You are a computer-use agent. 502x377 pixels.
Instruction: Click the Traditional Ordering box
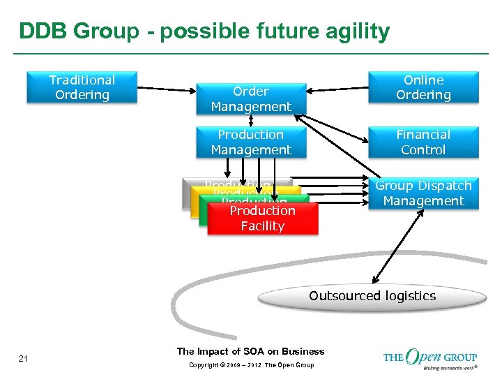(82, 87)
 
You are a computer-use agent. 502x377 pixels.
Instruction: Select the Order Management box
(251, 99)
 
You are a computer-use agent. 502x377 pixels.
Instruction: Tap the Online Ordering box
(423, 87)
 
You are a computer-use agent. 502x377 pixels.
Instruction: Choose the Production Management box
(251, 142)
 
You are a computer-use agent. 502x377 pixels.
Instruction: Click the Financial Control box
(423, 142)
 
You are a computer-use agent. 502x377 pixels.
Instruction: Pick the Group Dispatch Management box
(423, 193)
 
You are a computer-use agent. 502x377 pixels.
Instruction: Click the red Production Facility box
(263, 219)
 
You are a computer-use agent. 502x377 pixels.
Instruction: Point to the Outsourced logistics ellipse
(372, 296)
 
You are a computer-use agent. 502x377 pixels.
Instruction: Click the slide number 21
(23, 359)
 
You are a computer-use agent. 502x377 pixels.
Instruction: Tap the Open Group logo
(429, 357)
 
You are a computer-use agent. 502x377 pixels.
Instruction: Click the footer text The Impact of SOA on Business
(250, 351)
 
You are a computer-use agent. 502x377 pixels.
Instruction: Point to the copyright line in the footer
(250, 365)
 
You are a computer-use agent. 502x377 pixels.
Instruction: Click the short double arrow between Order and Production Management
(251, 120)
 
